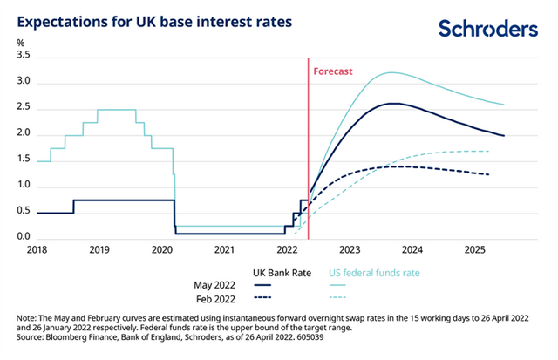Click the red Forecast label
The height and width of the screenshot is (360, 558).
coord(332,71)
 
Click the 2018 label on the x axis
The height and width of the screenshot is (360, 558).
coord(37,250)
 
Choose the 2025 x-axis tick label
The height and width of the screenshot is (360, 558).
coord(475,250)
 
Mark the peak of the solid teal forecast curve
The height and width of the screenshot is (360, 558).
coord(391,72)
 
